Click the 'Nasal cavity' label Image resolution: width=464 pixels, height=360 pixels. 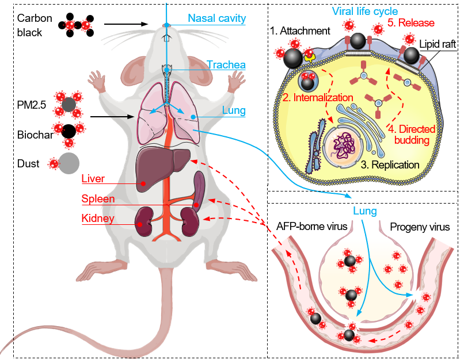coord(217,18)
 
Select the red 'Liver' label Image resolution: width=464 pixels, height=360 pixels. coord(93,179)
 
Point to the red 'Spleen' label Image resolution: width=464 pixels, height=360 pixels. coord(97,199)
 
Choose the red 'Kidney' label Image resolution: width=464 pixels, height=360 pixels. coord(97,219)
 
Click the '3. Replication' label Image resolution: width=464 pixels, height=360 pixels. coord(390,165)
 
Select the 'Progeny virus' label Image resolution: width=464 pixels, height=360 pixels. coord(420,227)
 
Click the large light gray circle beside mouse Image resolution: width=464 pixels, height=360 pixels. coord(69,163)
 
